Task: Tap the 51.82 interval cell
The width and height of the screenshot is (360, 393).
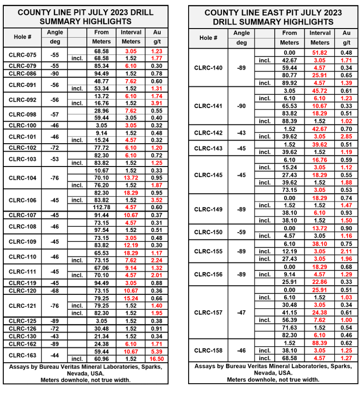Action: coord(320,53)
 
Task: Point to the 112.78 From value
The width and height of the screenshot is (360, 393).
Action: coord(101,207)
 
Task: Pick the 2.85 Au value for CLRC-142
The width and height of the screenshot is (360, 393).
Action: coord(346,136)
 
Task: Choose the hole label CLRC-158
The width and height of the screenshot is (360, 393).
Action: coord(209,350)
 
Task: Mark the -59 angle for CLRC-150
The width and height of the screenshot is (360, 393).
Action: coord(242,232)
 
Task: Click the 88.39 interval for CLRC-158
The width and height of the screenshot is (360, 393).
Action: coord(320,343)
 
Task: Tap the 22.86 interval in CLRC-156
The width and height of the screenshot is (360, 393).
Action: coord(320,282)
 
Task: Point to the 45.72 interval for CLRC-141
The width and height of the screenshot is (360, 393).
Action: coord(320,90)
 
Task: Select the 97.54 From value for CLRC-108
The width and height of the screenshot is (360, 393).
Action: coord(101,230)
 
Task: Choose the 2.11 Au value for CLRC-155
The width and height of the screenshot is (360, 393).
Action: coord(346,251)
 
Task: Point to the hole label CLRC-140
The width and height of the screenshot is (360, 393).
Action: coord(209,68)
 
